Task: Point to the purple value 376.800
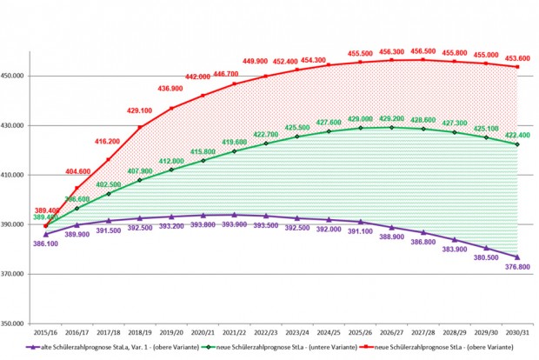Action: tap(519, 267)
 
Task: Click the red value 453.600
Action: tap(519, 57)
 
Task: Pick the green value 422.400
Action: tap(519, 135)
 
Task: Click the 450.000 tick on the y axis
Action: tap(17, 76)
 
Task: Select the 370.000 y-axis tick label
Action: tap(17, 274)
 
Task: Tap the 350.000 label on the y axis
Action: tap(17, 323)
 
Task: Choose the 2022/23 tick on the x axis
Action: tap(266, 333)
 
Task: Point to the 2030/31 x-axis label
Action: tap(518, 333)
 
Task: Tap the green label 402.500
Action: tap(109, 184)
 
